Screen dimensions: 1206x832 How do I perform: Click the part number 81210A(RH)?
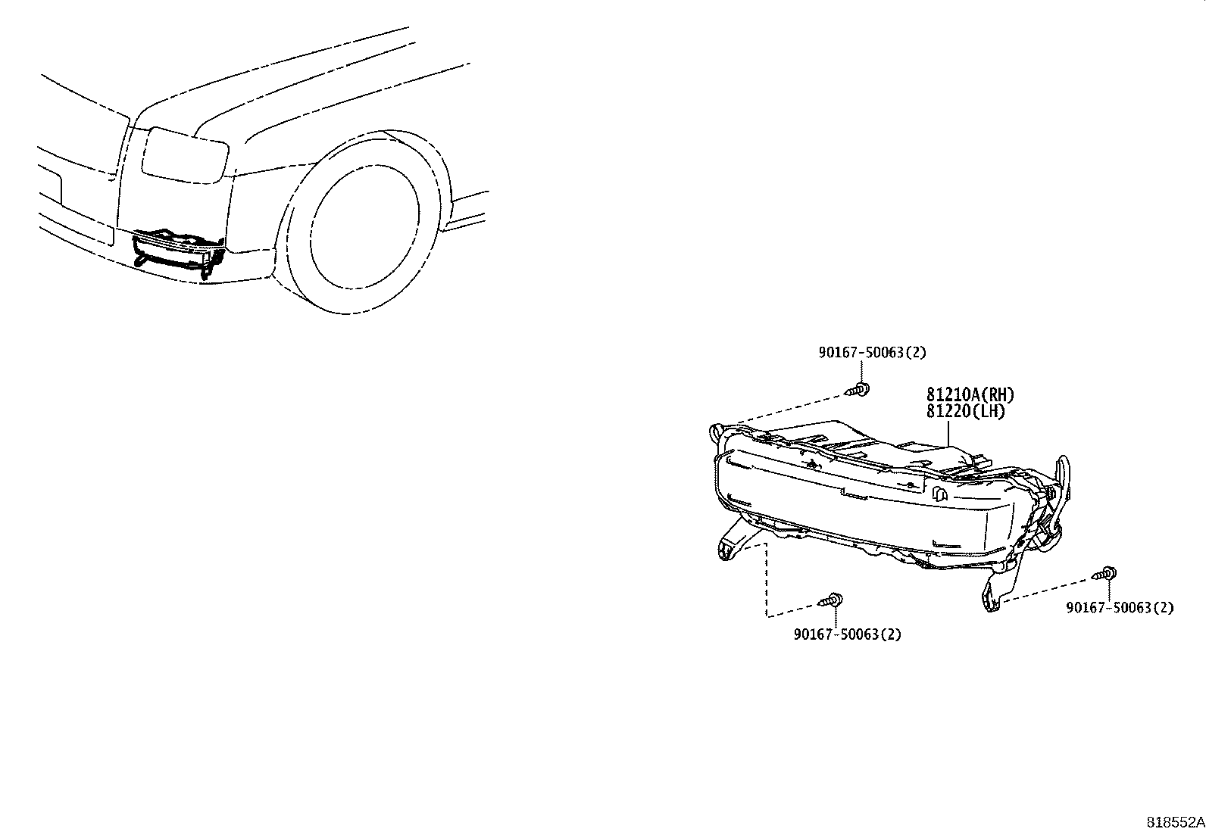(970, 394)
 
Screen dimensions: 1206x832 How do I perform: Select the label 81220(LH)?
(966, 412)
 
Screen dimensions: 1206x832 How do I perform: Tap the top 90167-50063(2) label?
(873, 353)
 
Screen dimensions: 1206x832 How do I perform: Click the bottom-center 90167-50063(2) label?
(848, 634)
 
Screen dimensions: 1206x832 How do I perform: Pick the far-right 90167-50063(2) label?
(1120, 608)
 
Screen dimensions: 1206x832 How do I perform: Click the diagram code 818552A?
(1176, 822)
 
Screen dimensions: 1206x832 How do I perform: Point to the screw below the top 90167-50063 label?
(858, 390)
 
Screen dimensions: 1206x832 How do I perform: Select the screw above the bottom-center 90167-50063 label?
(831, 600)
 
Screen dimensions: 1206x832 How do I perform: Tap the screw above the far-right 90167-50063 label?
(1104, 574)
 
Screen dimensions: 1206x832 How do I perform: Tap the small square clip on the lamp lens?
(939, 494)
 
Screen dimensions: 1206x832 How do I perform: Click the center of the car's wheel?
(365, 227)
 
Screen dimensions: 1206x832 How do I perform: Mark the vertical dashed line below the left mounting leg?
(766, 580)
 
